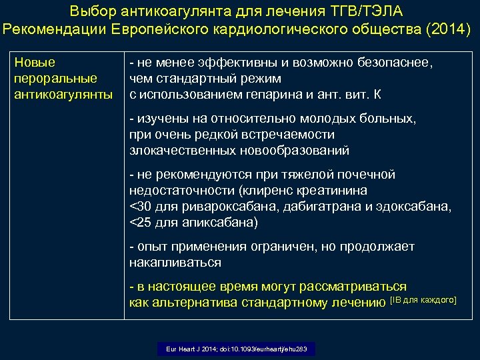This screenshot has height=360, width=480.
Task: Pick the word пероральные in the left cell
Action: [55, 79]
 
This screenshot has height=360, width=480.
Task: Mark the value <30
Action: [141, 207]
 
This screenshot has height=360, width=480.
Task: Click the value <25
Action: [141, 222]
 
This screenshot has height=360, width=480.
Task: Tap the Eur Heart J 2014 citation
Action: [236, 349]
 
